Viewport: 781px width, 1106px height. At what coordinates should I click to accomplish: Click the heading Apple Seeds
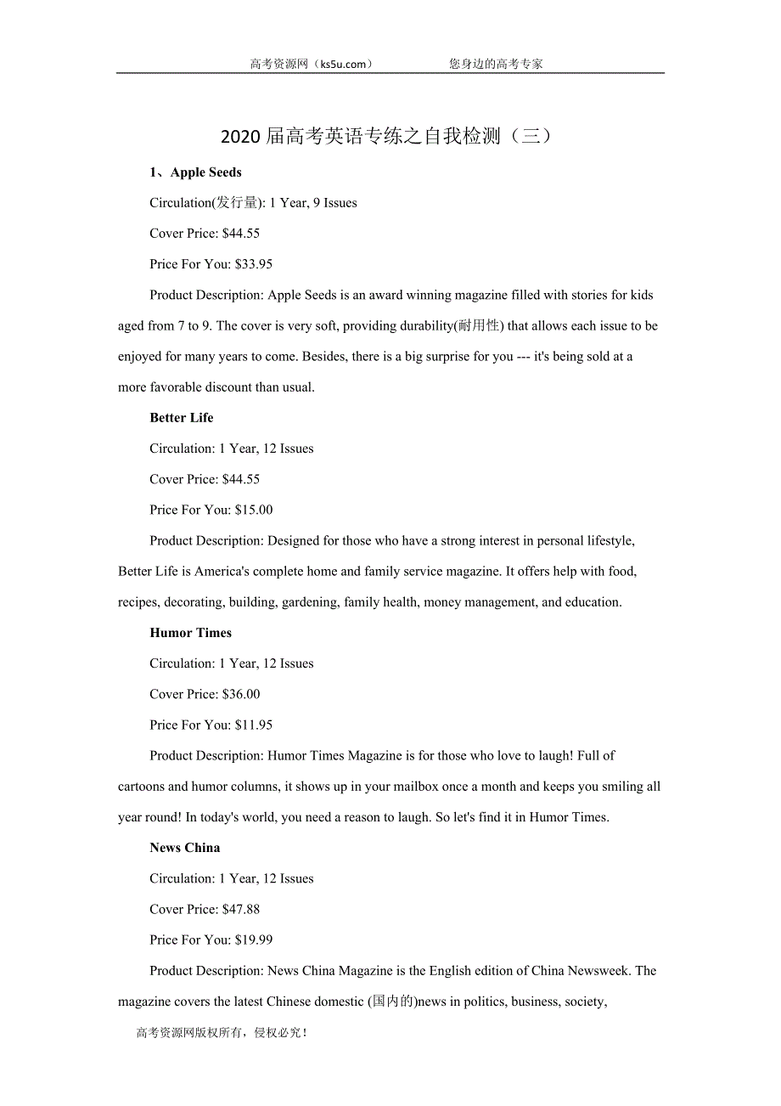pyautogui.click(x=205, y=172)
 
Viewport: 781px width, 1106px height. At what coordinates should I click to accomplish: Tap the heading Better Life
pyautogui.click(x=182, y=418)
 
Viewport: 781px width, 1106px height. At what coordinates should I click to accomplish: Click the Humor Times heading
pyautogui.click(x=190, y=633)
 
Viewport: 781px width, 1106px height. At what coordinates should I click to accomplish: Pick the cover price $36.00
pyautogui.click(x=241, y=694)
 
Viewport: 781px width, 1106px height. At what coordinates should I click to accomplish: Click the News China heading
pyautogui.click(x=184, y=848)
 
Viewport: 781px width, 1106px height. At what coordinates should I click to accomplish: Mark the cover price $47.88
pyautogui.click(x=241, y=909)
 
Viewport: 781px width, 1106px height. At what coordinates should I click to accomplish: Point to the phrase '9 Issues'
pyautogui.click(x=335, y=203)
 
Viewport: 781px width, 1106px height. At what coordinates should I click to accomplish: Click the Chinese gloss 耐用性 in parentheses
pyautogui.click(x=480, y=326)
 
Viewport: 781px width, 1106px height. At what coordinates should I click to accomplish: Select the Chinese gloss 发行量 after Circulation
pyautogui.click(x=238, y=203)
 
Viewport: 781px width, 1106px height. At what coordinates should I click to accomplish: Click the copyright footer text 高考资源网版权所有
pyautogui.click(x=190, y=1033)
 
